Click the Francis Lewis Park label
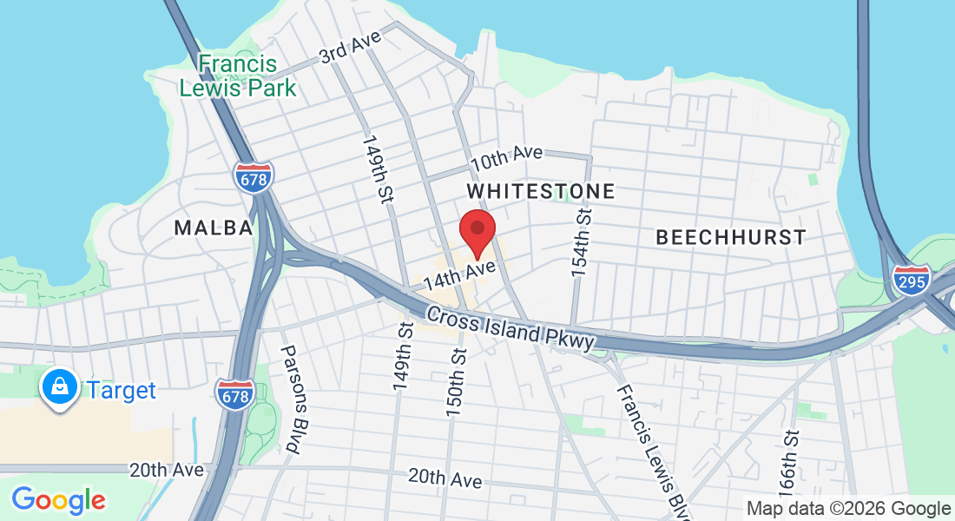(x=237, y=76)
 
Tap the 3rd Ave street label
(x=350, y=49)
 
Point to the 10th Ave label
(x=506, y=157)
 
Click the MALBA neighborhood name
(x=214, y=228)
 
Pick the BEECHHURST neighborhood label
(x=730, y=236)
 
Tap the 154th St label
(x=581, y=242)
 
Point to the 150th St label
(x=456, y=382)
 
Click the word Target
(x=121, y=390)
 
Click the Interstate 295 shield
(x=911, y=279)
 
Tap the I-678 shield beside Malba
(x=253, y=177)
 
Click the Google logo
(x=58, y=500)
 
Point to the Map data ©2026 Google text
(x=848, y=509)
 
